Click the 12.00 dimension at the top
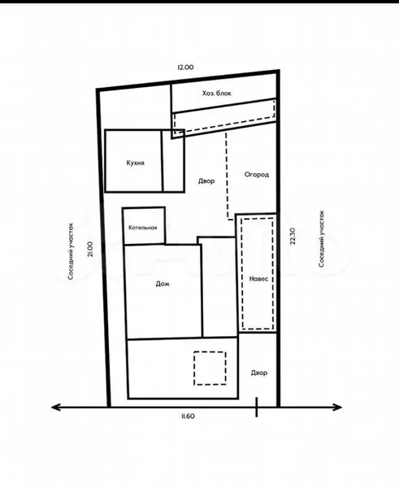[185, 67]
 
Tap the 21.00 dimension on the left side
[90, 250]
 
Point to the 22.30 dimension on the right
[293, 237]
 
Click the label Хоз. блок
[217, 94]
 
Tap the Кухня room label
[135, 163]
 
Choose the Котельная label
[143, 228]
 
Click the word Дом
[163, 284]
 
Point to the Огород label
[257, 175]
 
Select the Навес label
[258, 279]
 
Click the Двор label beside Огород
[206, 181]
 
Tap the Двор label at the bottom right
[259, 373]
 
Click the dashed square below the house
[210, 352]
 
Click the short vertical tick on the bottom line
[257, 407]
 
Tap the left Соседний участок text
[71, 251]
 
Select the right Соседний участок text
[322, 238]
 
